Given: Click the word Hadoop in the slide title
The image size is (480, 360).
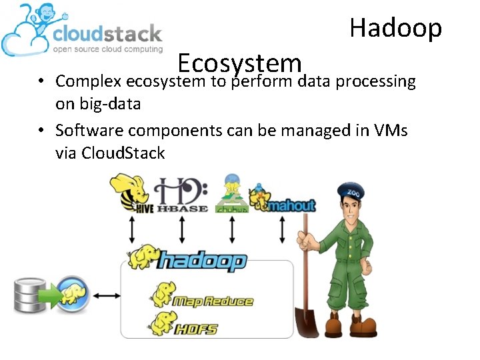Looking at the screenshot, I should click(395, 29).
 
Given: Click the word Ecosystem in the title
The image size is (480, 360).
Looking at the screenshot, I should click(240, 63).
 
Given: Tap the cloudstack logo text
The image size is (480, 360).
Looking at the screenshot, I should click(107, 33).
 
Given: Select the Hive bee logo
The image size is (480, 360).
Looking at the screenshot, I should click(132, 193).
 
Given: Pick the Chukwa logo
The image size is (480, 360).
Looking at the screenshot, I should click(231, 194).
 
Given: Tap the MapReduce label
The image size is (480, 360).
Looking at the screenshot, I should click(213, 301).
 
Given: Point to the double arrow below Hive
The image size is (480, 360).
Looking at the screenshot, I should click(132, 229).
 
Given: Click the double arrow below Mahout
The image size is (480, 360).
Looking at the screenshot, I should click(282, 229).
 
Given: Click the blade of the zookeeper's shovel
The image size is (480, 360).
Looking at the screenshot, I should click(309, 321).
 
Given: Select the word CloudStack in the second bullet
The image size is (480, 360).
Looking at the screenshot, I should click(123, 153).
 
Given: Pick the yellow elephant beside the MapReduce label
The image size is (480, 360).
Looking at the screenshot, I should click(163, 297).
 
